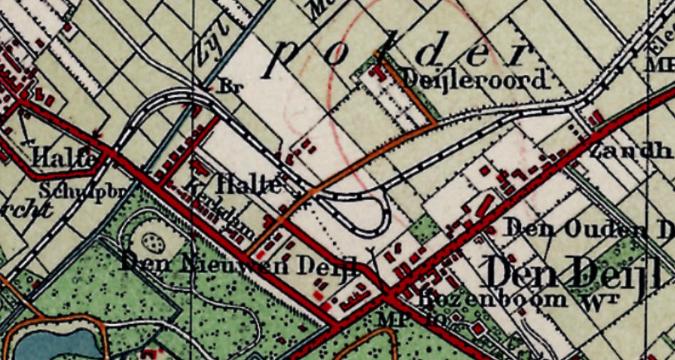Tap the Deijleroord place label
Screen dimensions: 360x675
(474, 81)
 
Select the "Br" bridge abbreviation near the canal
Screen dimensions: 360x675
(230, 87)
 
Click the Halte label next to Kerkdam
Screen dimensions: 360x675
(248, 184)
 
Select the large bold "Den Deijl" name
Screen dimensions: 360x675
(572, 273)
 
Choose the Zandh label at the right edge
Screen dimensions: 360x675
(631, 151)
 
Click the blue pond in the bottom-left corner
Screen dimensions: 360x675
(53, 345)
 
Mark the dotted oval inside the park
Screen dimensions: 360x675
(153, 243)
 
